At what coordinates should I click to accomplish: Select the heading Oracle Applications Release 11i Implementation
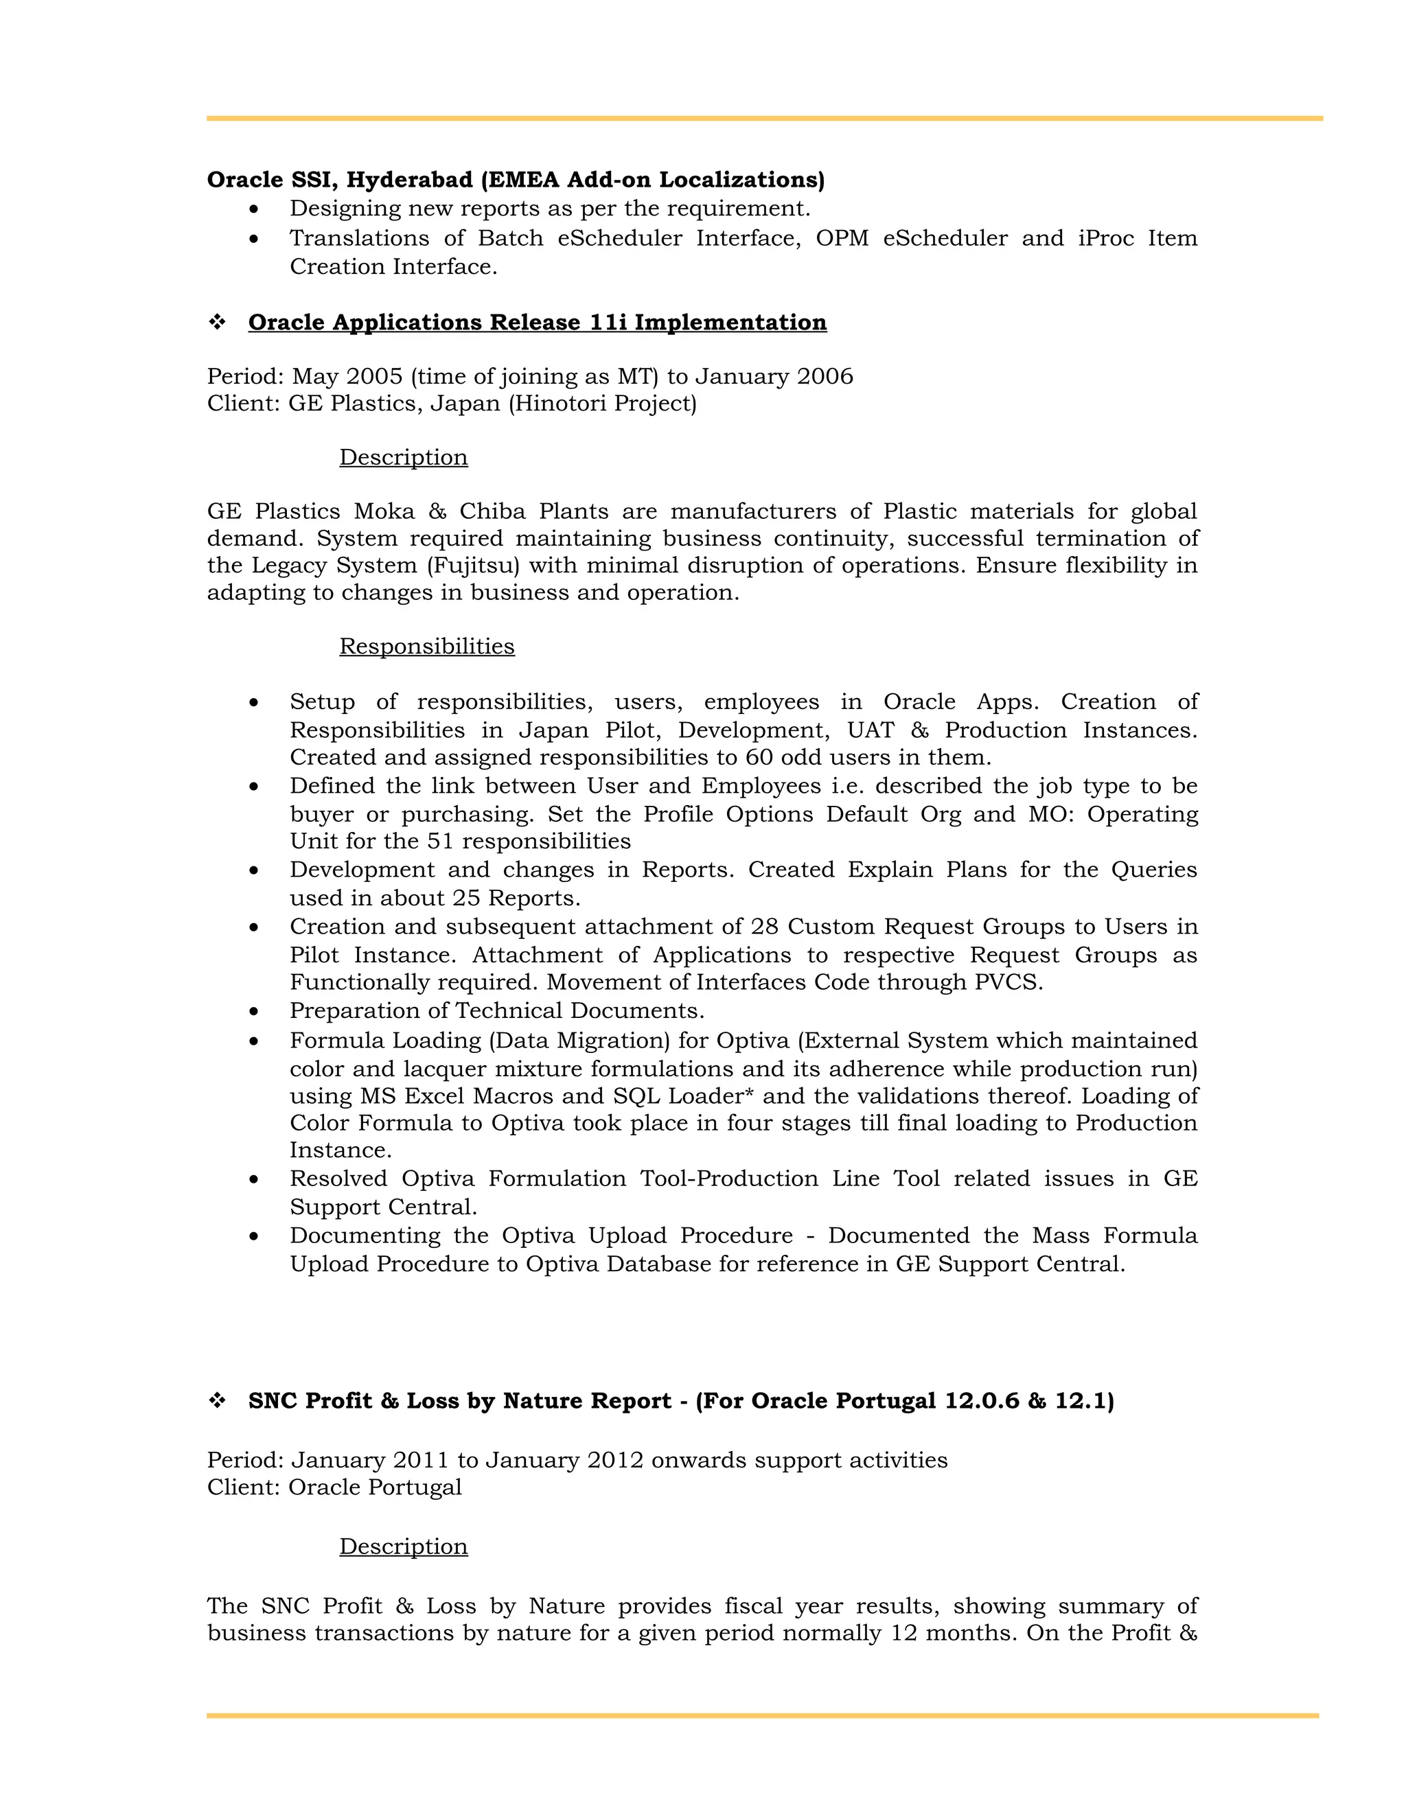click(x=538, y=323)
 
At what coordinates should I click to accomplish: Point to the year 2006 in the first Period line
click(x=825, y=376)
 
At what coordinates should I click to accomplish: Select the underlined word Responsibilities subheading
click(x=426, y=647)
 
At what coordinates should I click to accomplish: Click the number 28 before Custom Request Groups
click(x=764, y=927)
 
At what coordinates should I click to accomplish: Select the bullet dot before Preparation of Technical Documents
click(x=254, y=1012)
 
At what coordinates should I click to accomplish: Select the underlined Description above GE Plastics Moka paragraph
click(x=403, y=458)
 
